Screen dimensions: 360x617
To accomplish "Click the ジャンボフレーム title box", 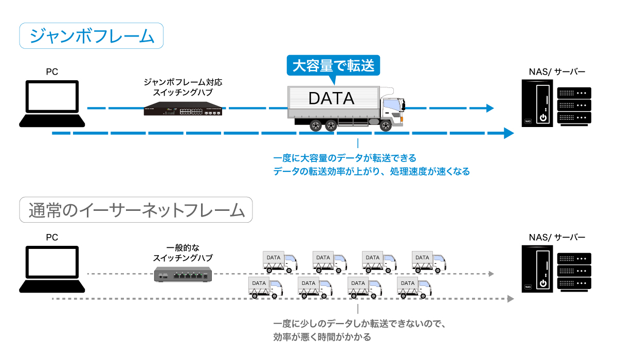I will click(x=92, y=35).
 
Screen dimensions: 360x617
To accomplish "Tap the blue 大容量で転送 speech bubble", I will click(x=333, y=66).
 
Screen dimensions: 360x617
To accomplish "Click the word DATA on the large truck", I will click(x=331, y=98).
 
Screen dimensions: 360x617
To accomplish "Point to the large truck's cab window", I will click(x=392, y=106).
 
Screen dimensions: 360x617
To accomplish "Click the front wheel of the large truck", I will click(x=386, y=125).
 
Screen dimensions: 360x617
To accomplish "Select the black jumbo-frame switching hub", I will click(x=184, y=110).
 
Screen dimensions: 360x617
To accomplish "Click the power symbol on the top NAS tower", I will click(x=542, y=118).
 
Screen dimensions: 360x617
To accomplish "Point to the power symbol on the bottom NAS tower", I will click(x=542, y=283).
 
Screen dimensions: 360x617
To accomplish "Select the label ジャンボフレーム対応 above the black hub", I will click(x=183, y=82).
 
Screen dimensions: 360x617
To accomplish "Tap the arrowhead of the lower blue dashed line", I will click(x=509, y=133).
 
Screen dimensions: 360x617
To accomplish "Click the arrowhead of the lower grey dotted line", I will click(x=510, y=298).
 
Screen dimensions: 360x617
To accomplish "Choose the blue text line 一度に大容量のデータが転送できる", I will click(x=345, y=158).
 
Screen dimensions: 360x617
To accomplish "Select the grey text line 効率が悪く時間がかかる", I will click(x=322, y=337).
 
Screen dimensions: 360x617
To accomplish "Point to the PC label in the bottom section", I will click(x=52, y=237).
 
